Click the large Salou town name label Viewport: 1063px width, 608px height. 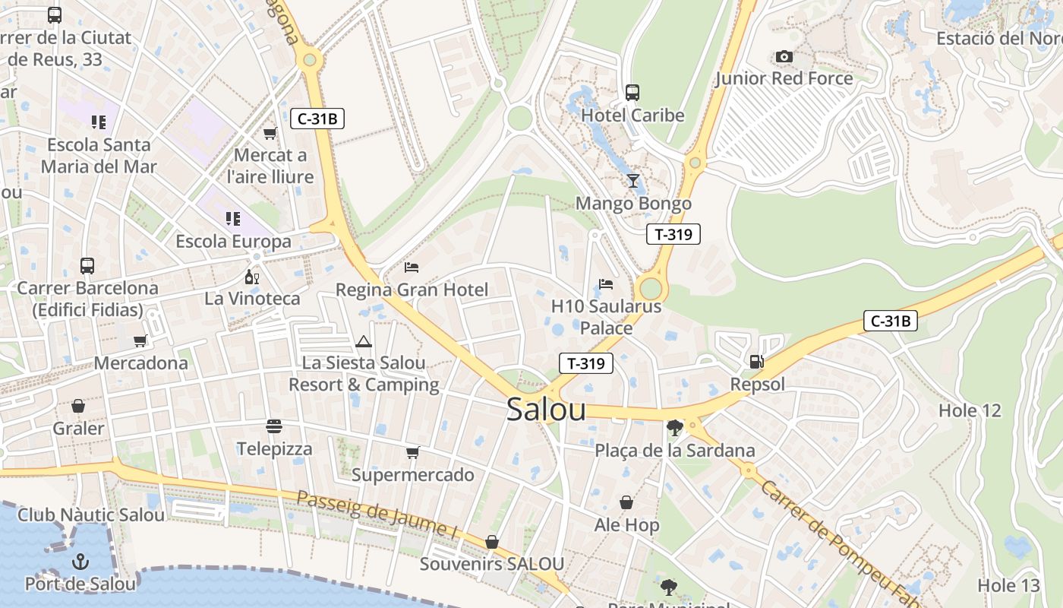[546, 410]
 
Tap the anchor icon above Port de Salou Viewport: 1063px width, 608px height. [80, 562]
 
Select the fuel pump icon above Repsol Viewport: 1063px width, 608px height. [756, 362]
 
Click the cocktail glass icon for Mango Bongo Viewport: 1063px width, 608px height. [633, 181]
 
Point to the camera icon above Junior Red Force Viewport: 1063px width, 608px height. [784, 57]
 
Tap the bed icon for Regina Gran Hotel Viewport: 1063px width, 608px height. [412, 267]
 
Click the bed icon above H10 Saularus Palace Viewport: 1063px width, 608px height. [606, 284]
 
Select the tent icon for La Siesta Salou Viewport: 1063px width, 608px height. [364, 341]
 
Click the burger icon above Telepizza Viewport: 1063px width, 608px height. [274, 426]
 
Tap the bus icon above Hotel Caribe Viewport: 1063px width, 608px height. [632, 93]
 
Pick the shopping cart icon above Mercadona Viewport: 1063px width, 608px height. [140, 341]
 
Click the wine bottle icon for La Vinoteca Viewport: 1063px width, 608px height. [251, 277]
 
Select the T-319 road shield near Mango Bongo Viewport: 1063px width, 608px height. [673, 234]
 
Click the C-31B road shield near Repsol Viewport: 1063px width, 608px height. [890, 321]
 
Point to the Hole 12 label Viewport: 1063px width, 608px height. [970, 410]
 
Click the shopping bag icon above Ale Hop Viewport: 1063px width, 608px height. [626, 502]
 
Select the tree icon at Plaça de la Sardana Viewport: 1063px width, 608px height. [674, 428]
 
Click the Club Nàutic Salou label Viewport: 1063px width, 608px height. [91, 515]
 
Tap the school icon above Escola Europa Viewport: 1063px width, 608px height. [233, 219]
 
